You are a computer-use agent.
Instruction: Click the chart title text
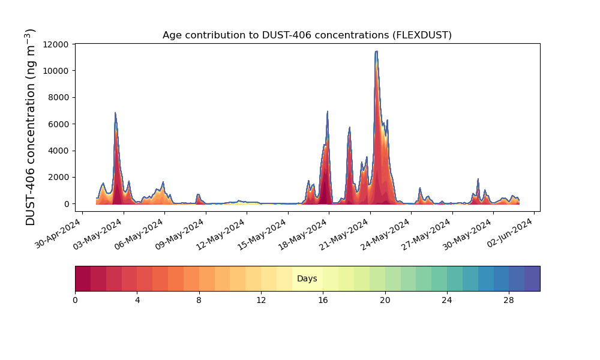click(x=307, y=35)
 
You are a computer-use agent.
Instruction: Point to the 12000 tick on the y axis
click(x=56, y=44)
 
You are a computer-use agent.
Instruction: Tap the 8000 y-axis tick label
click(x=58, y=98)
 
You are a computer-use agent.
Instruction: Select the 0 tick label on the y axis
click(x=67, y=204)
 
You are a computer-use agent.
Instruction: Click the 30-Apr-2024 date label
click(x=58, y=233)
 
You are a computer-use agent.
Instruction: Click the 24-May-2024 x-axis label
click(x=386, y=234)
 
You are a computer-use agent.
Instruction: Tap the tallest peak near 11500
click(x=377, y=51)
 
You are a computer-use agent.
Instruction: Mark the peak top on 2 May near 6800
click(x=115, y=113)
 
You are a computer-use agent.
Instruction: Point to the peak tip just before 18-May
click(x=328, y=112)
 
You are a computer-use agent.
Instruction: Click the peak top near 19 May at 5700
click(x=349, y=128)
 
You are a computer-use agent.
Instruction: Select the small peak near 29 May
click(x=478, y=179)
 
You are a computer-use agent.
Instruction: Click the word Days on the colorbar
click(x=307, y=278)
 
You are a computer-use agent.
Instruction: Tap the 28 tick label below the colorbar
click(x=509, y=301)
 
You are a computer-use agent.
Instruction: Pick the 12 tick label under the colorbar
click(x=261, y=301)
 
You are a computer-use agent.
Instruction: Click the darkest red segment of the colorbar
click(x=83, y=278)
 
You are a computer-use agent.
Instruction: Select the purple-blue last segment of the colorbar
click(x=532, y=278)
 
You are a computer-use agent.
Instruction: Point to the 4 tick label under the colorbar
click(x=137, y=301)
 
